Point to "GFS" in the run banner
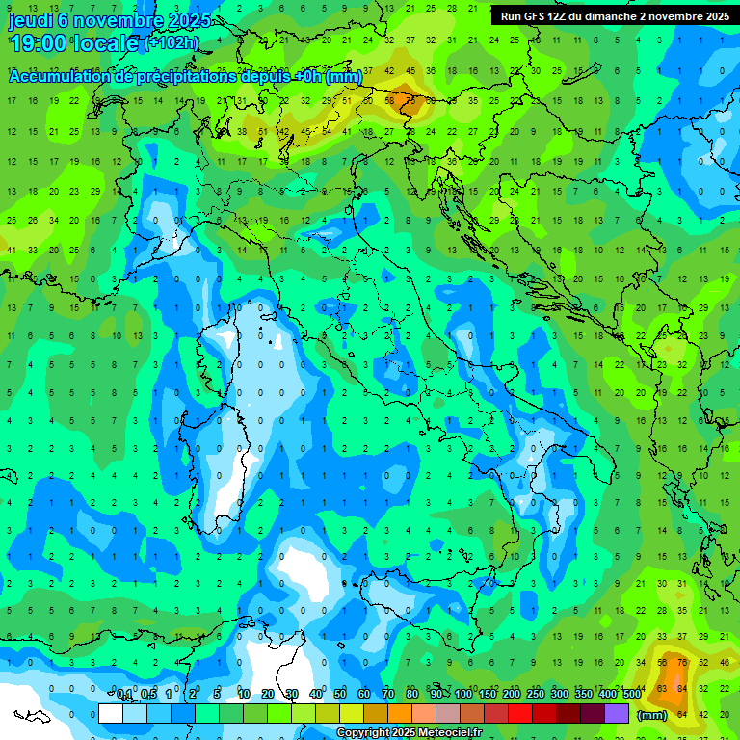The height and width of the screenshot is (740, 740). pos(536,16)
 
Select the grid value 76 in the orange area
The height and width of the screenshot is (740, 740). pos(681,662)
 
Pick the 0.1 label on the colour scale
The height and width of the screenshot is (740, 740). pos(124,695)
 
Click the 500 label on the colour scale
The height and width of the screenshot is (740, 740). pos(631,695)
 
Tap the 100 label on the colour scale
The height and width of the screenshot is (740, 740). pos(462,695)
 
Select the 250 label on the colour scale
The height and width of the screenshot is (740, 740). pos(535,695)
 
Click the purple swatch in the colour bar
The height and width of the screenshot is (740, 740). pos(617,713)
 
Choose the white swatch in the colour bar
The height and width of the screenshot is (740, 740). pos(110,713)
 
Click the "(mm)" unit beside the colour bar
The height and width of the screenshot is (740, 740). pos(651,714)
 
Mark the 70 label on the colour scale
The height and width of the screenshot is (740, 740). pos(388,695)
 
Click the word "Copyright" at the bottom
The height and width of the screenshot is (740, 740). pos(364,733)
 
